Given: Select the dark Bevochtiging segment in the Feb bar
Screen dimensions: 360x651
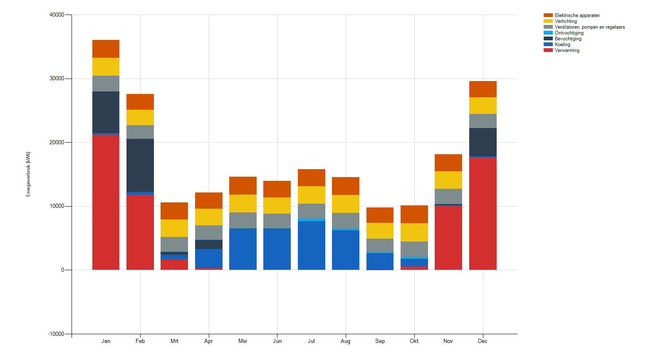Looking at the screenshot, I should pyautogui.click(x=140, y=165).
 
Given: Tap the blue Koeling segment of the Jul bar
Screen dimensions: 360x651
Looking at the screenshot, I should pyautogui.click(x=311, y=245).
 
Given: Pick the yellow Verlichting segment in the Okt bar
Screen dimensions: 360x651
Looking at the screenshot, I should pyautogui.click(x=414, y=232).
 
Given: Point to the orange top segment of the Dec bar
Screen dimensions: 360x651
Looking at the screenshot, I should pyautogui.click(x=483, y=89).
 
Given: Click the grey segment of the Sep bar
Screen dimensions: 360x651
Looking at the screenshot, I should pyautogui.click(x=380, y=245).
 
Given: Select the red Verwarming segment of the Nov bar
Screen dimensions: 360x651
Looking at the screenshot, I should pyautogui.click(x=448, y=238).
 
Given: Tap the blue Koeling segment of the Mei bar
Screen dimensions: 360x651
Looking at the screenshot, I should pyautogui.click(x=243, y=249).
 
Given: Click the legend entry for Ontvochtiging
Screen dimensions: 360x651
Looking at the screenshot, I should pyautogui.click(x=569, y=33).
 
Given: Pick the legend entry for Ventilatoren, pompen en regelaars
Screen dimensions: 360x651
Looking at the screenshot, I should pyautogui.click(x=589, y=27).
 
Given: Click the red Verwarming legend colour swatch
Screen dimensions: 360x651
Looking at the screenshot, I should pyautogui.click(x=548, y=50).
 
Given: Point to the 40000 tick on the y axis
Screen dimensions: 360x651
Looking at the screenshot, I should pyautogui.click(x=57, y=15).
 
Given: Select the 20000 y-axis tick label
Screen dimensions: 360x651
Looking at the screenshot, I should pyautogui.click(x=57, y=143).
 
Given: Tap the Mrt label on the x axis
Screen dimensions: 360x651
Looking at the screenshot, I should pyautogui.click(x=174, y=341).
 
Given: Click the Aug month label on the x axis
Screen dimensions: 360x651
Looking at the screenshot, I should pyautogui.click(x=345, y=341).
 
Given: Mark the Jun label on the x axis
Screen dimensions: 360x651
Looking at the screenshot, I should pyautogui.click(x=277, y=341).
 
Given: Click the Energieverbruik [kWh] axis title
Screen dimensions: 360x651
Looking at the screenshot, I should pyautogui.click(x=28, y=174).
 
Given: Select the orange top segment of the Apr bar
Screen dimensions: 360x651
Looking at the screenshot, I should pyautogui.click(x=208, y=200).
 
